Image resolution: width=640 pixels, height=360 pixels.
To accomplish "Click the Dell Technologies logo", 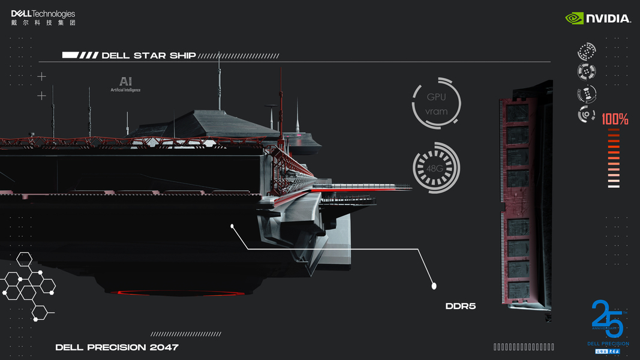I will coord(43,14).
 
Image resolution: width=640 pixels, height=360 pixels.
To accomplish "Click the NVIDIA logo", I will coord(598,19).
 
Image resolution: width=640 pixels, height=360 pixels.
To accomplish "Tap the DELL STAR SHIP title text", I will coord(149,55).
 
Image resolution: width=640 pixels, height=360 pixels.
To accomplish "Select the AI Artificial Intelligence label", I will coord(125,84).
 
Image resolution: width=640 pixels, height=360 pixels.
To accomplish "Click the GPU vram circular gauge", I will coord(436,103).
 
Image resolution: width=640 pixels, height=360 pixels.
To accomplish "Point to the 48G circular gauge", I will coord(436,168).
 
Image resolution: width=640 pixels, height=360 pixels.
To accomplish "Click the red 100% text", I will coord(615,119).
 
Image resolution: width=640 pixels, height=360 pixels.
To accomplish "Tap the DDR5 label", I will coord(461,306).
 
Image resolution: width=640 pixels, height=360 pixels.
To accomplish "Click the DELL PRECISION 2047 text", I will coord(117,347).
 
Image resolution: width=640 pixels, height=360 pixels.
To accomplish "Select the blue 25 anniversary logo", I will coord(608,321).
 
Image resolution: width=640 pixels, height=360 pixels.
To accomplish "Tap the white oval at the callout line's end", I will coord(434,286).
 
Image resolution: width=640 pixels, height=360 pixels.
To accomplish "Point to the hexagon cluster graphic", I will coord(29,285).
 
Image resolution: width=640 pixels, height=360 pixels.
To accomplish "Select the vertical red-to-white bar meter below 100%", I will coord(614,159).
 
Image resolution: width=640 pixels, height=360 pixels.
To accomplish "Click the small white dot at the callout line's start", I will coord(232,226).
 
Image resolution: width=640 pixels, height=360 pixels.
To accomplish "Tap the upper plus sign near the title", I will coord(41,77).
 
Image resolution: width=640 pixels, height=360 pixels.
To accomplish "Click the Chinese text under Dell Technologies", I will coord(43,23).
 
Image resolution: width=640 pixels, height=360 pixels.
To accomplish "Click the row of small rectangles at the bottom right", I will coord(524,347).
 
